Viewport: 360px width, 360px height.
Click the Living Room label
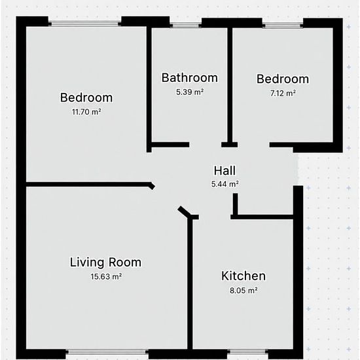coord(105,262)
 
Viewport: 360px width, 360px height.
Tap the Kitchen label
coord(243,276)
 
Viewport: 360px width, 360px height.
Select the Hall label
coord(225,171)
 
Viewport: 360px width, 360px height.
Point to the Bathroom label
coord(190,78)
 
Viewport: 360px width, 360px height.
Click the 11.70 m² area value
coord(86,112)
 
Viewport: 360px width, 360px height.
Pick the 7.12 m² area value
coord(283,93)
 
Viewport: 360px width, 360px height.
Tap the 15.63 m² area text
coord(106,276)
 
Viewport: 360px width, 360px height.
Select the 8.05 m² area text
coord(243,291)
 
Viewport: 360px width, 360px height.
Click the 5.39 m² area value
coord(190,92)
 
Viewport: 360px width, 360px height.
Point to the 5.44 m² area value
coord(225,184)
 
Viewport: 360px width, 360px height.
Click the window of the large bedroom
coord(84,24)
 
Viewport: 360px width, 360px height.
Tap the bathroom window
coord(185,26)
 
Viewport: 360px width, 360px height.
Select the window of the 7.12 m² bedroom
coord(283,26)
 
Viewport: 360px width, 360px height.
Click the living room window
coord(107,351)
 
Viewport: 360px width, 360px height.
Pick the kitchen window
coord(247,351)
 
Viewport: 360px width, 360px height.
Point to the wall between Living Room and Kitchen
coord(190,284)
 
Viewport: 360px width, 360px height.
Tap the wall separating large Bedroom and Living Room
coord(88,185)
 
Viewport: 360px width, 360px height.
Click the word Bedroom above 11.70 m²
coord(86,98)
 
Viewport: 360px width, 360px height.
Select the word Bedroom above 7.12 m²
coord(283,79)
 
